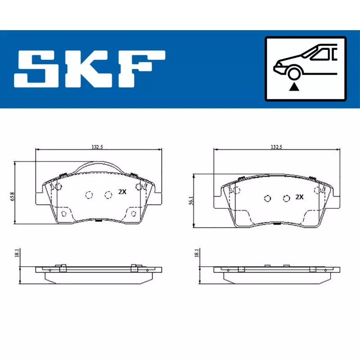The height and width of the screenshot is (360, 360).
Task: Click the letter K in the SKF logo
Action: click(x=88, y=69)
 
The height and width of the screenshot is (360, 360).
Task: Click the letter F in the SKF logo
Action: click(x=142, y=69)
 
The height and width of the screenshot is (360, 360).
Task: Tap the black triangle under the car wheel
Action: click(x=294, y=87)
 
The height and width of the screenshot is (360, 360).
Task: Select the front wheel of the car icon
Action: click(x=294, y=73)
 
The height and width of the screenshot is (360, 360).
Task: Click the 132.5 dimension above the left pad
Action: click(x=97, y=147)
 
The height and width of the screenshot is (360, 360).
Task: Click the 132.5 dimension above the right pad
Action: click(x=276, y=147)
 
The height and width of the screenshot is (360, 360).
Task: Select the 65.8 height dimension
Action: click(x=13, y=197)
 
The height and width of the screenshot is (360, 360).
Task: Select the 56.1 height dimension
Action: click(x=191, y=201)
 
